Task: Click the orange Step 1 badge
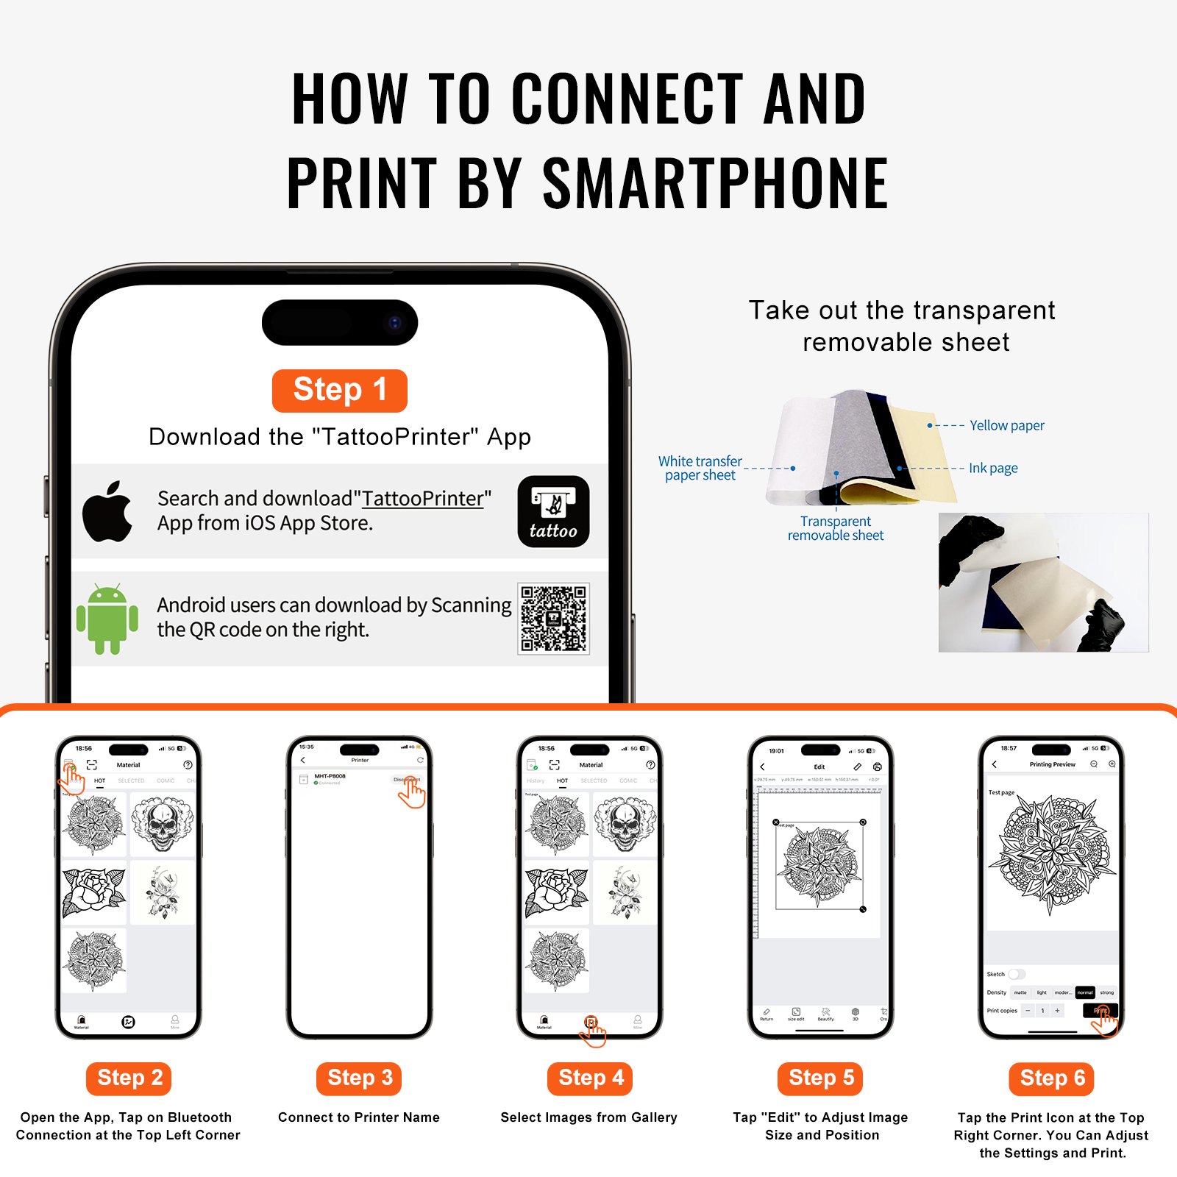[339, 391]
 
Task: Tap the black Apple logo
[107, 512]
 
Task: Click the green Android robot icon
[107, 619]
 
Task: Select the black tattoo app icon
[553, 511]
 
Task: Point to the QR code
[553, 619]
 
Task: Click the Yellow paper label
[1006, 425]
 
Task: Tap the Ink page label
[993, 468]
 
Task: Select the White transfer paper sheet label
[700, 468]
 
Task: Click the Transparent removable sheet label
[836, 528]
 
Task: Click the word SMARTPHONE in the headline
[715, 184]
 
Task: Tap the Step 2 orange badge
[129, 1078]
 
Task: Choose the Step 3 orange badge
[360, 1078]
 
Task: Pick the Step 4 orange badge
[591, 1078]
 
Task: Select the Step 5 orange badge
[821, 1078]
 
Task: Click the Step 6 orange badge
[1052, 1078]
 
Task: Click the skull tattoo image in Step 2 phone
[163, 824]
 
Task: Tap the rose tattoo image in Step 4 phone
[557, 892]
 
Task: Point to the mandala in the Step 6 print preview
[1052, 853]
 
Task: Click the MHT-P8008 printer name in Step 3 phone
[330, 776]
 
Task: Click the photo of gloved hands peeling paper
[1043, 583]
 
